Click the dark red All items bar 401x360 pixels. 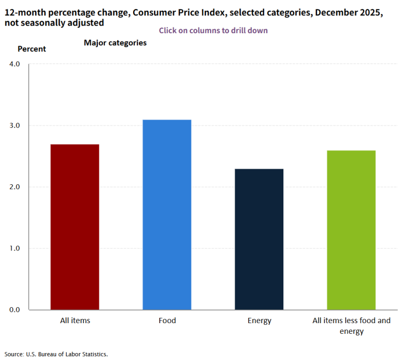click(x=75, y=227)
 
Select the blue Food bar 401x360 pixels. click(x=167, y=215)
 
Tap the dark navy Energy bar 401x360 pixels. click(x=259, y=239)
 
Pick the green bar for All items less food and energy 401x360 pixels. click(x=351, y=230)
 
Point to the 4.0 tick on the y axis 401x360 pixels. click(x=14, y=64)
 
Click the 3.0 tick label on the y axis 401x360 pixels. click(x=14, y=126)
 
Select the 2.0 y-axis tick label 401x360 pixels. click(x=14, y=187)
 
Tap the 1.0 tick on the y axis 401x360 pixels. click(x=14, y=248)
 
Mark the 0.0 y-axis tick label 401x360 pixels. click(x=14, y=310)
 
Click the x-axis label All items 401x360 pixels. click(x=75, y=320)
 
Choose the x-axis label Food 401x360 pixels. click(x=167, y=320)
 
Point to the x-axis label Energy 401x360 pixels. click(x=259, y=320)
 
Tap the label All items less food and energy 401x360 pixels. click(x=351, y=326)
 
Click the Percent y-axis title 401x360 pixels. click(x=32, y=49)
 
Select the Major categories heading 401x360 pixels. click(x=115, y=43)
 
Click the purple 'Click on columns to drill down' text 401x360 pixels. click(x=213, y=30)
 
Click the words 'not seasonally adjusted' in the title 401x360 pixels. click(x=54, y=23)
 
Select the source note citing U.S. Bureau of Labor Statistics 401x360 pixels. click(x=56, y=354)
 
